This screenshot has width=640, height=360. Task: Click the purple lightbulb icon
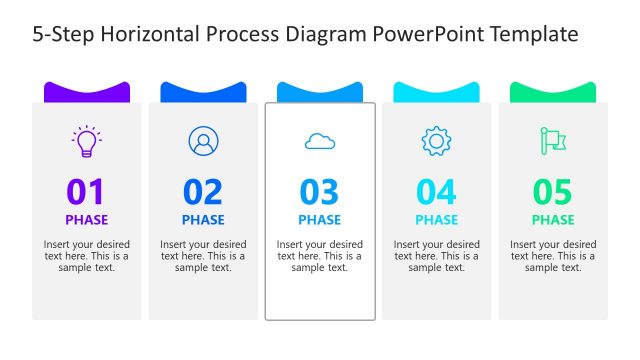(87, 141)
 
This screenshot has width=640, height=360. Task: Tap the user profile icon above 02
(203, 141)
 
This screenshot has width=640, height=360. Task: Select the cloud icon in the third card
(320, 142)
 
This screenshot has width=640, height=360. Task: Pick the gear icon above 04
(436, 141)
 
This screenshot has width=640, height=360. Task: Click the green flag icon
(552, 141)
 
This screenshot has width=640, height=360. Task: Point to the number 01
(86, 191)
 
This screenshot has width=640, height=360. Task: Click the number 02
(203, 191)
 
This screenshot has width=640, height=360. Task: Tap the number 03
(320, 191)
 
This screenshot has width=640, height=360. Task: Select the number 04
(436, 191)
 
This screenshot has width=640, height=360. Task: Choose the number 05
(553, 191)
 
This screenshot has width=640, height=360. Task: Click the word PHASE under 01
(87, 220)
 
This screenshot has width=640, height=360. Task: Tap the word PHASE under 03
(320, 220)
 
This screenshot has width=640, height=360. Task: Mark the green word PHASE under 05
(553, 220)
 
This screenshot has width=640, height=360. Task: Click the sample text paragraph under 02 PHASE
(203, 256)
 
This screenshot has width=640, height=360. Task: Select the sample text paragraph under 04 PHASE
(436, 256)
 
